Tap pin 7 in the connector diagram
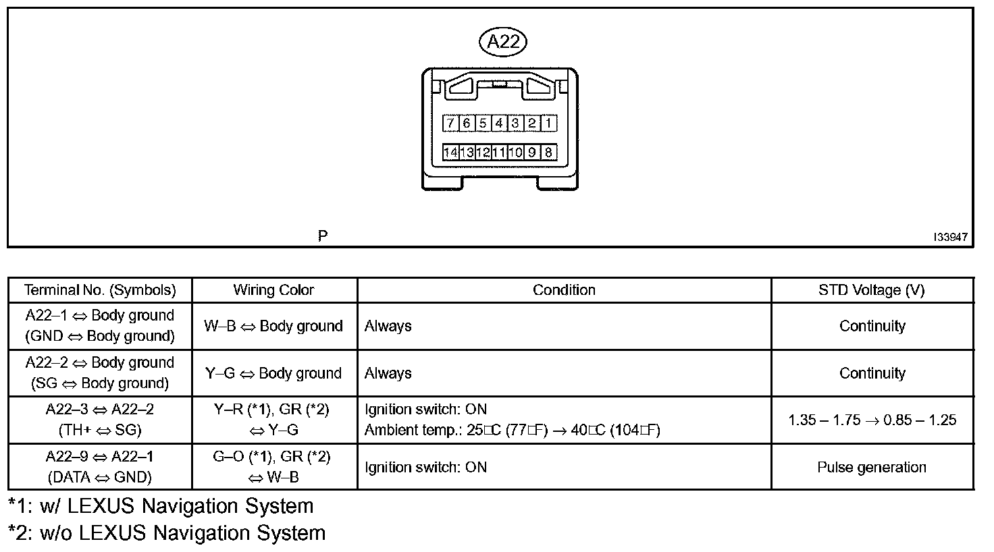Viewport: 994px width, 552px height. point(450,123)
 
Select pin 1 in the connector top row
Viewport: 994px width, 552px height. point(548,123)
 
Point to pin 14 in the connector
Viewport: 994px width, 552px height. point(450,153)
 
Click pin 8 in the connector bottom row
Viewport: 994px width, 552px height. point(548,153)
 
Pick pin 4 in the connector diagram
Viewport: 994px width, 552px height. point(499,123)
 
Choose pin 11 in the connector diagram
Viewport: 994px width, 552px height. point(499,153)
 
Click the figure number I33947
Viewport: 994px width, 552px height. point(950,237)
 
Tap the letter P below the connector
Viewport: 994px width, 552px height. point(323,236)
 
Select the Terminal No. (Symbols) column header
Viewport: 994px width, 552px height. point(100,290)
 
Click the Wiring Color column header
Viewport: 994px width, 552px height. point(273,290)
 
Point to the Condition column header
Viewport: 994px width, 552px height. point(564,290)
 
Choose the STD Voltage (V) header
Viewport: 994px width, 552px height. point(871,290)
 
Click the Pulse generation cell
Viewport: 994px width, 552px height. point(871,467)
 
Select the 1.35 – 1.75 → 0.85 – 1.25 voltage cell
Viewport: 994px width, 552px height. point(872,420)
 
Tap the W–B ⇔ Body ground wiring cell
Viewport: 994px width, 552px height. point(273,326)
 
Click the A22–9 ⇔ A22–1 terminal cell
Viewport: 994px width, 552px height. point(100,466)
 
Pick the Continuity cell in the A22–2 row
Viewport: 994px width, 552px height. point(872,373)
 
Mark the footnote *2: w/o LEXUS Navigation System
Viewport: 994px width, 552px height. point(167,533)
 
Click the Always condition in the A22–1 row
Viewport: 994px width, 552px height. point(388,326)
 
